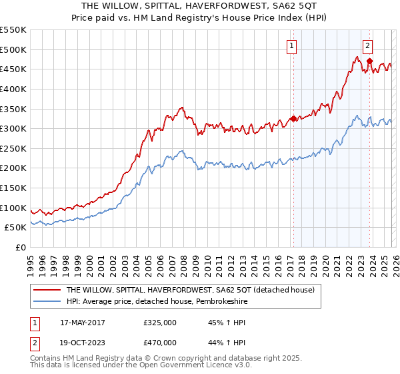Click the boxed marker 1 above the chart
click(292, 46)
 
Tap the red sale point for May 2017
click(293, 119)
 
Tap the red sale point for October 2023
click(369, 61)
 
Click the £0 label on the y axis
click(21, 247)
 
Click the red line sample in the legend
click(47, 290)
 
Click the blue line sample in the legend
click(47, 301)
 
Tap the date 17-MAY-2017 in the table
click(83, 323)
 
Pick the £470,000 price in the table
click(160, 341)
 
